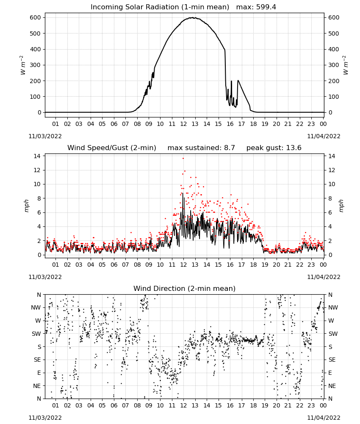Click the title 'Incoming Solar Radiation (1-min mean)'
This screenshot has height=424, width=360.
click(160, 7)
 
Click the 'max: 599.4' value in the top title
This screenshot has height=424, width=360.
click(256, 7)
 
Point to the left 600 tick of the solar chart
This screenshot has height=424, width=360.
click(36, 17)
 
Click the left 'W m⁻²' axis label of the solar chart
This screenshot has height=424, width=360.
click(23, 65)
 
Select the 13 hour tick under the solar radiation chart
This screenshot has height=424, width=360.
click(195, 124)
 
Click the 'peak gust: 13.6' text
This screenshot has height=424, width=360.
click(274, 148)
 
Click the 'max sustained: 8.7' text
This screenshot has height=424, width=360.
click(201, 148)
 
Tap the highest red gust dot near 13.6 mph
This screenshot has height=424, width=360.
click(183, 159)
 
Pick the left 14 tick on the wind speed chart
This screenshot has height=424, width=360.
click(37, 156)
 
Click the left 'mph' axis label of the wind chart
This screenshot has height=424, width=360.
click(26, 206)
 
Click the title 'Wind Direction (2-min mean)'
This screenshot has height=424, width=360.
click(185, 288)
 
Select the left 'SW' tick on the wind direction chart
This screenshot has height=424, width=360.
click(36, 334)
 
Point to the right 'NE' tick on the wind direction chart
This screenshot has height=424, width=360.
click(332, 386)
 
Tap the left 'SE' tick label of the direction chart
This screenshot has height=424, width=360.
click(37, 360)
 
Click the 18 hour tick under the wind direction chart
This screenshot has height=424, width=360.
click(253, 405)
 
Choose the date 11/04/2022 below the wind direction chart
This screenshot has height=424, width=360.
click(324, 418)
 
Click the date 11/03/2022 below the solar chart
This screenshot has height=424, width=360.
click(45, 136)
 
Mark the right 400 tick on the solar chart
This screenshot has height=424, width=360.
click(334, 49)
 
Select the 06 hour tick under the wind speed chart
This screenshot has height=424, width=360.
click(114, 265)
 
